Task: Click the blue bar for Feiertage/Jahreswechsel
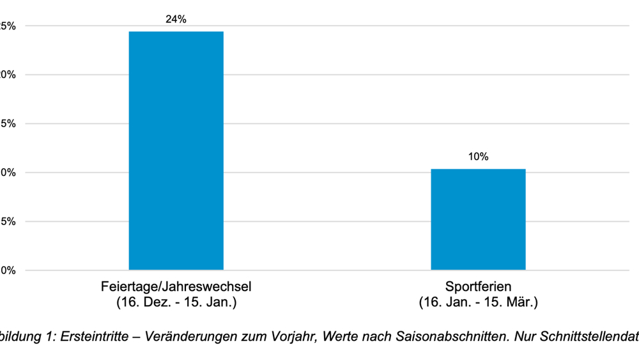tap(176, 150)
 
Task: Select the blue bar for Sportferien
tap(478, 219)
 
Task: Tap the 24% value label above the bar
tap(176, 19)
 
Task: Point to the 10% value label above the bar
tap(478, 157)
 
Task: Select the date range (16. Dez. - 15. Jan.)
tap(176, 302)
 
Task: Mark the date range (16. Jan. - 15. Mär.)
tap(478, 302)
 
